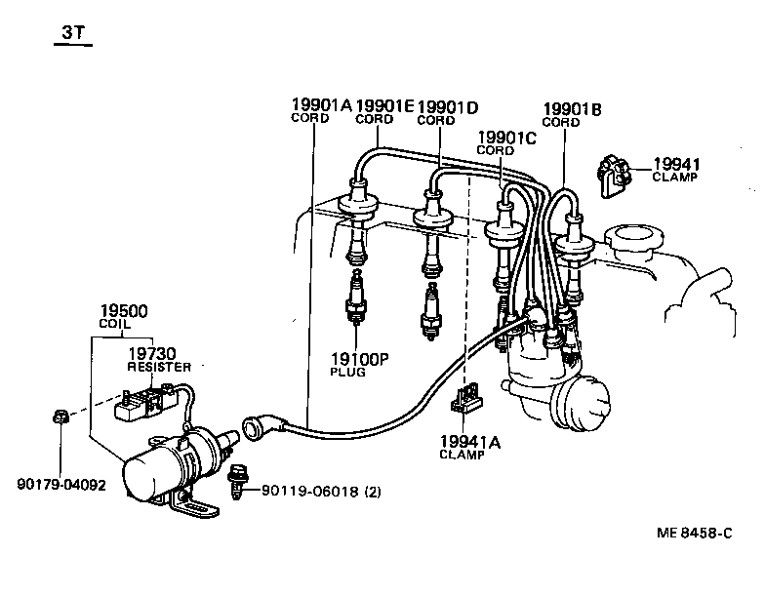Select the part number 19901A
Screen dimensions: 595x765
click(x=321, y=105)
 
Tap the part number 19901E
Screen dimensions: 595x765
click(x=384, y=105)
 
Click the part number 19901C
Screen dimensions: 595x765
click(x=506, y=138)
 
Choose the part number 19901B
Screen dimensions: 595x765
click(x=572, y=108)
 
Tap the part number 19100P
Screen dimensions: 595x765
click(x=358, y=360)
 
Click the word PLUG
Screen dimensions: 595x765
click(x=347, y=373)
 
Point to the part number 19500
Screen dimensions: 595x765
click(x=123, y=312)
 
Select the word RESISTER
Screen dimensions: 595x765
click(x=159, y=367)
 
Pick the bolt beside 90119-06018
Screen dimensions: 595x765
click(x=236, y=483)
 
